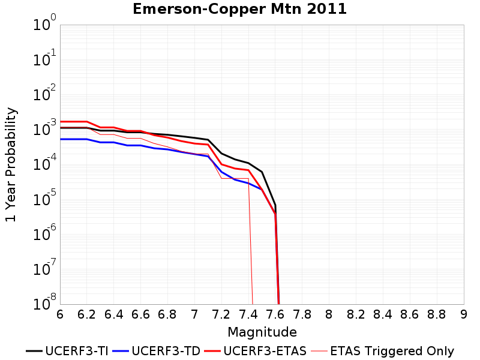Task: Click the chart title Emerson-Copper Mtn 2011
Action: coord(239,8)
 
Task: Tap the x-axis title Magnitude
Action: coord(262,332)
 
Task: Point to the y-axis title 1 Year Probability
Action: coord(11,164)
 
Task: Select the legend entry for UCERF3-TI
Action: coord(67,351)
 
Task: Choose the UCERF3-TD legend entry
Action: coord(157,351)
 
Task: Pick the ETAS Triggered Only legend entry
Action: coord(383,351)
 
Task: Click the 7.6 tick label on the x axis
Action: coord(275,314)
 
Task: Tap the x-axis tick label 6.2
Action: coord(86,314)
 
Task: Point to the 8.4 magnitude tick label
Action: coord(383,314)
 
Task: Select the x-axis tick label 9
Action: coord(463,314)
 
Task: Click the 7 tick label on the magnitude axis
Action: coord(194,314)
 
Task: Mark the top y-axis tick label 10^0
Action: coord(44,23)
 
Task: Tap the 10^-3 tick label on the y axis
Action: coord(44,128)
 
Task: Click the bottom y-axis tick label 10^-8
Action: coord(44,302)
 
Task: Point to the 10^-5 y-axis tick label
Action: coord(44,198)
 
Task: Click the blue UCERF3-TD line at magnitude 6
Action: coord(61,139)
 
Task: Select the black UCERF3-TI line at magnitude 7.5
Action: coord(262,172)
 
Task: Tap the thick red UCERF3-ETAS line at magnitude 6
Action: coord(61,122)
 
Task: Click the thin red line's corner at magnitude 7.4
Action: coord(248,178)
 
